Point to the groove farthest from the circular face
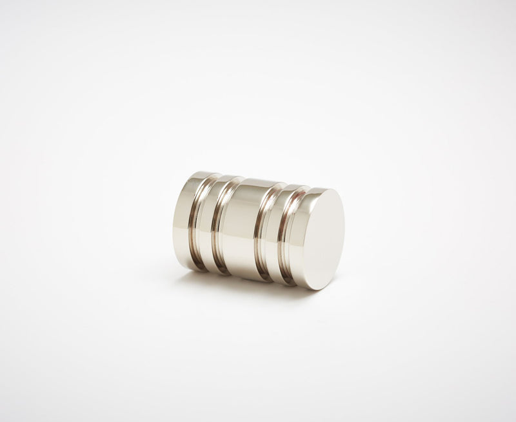point(201,223)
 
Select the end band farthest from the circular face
point(186,219)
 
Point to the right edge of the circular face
point(342,236)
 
